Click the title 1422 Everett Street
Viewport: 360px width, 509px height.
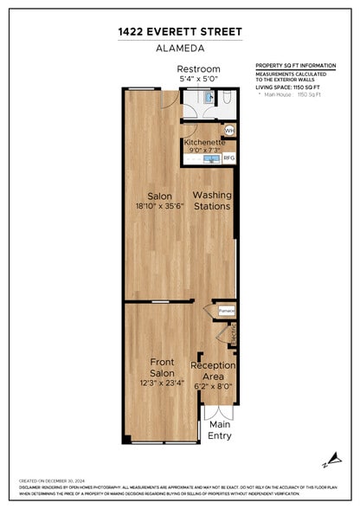click(x=179, y=31)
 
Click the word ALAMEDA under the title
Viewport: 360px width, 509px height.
click(x=179, y=48)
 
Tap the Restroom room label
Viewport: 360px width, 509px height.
click(x=199, y=68)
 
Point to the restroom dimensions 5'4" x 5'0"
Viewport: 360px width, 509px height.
click(x=199, y=79)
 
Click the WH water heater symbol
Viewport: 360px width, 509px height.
click(x=229, y=130)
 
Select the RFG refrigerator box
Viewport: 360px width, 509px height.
click(x=229, y=158)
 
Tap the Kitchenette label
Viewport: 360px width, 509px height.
click(x=204, y=142)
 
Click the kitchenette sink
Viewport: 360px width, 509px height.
click(x=211, y=158)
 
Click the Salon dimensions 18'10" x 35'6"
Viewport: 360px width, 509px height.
click(x=157, y=206)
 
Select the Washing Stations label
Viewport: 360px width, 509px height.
click(x=211, y=201)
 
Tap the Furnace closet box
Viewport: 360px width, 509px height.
click(x=226, y=310)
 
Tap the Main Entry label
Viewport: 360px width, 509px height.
click(x=220, y=430)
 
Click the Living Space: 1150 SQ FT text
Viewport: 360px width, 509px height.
click(x=295, y=87)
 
